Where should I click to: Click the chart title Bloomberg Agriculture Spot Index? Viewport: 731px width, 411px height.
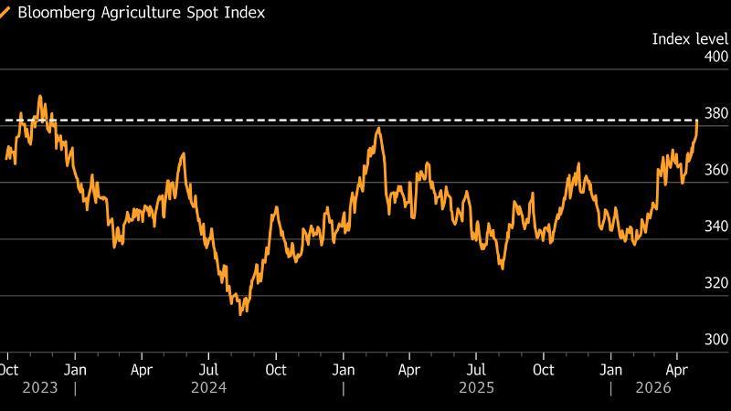(141, 14)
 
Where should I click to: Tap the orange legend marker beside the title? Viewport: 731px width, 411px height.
(5, 14)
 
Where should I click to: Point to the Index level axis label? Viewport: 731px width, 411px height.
(689, 38)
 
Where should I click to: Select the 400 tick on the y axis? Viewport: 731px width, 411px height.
(715, 57)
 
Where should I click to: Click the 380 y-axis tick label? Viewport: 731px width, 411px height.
(715, 113)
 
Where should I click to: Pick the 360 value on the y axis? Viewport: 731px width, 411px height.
(715, 170)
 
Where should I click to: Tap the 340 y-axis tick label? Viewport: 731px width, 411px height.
(715, 227)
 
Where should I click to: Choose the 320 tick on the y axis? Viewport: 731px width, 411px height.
(715, 283)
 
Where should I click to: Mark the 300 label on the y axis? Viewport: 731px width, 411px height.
(715, 340)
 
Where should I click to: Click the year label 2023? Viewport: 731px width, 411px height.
(40, 387)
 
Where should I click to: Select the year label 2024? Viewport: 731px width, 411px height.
(209, 387)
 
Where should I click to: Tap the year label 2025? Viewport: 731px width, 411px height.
(477, 387)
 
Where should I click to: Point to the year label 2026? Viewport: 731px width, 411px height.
(653, 387)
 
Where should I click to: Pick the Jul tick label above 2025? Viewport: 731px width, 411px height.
(476, 370)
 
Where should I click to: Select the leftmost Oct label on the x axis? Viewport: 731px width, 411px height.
(8, 370)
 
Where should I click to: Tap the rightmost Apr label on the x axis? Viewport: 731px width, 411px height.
(677, 370)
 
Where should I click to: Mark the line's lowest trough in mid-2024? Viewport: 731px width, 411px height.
(240, 314)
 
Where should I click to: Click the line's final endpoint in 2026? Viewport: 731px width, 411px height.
(697, 120)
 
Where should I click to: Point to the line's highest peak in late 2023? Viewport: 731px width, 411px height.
(39, 96)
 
